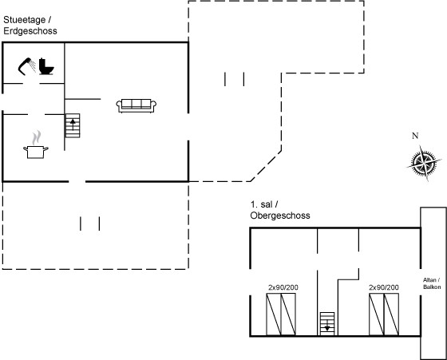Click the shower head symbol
pyautogui.click(x=25, y=66)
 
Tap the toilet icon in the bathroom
pyautogui.click(x=46, y=66)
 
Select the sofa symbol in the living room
pyautogui.click(x=136, y=105)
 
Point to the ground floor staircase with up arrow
pyautogui.click(x=73, y=125)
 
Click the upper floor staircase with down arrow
pyautogui.click(x=327, y=323)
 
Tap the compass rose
pyautogui.click(x=425, y=164)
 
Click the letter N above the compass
pyautogui.click(x=415, y=136)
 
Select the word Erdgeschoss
pyautogui.click(x=30, y=31)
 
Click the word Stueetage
pyautogui.click(x=25, y=20)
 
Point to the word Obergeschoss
pyautogui.click(x=280, y=216)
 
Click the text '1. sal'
pyautogui.click(x=262, y=204)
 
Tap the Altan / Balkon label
pyautogui.click(x=432, y=283)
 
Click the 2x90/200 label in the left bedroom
pyautogui.click(x=283, y=287)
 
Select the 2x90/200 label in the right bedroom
pyautogui.click(x=384, y=287)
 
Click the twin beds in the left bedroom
pyautogui.click(x=281, y=315)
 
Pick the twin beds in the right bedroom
pyautogui.click(x=384, y=315)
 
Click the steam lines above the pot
pyautogui.click(x=36, y=137)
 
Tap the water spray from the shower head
pyautogui.click(x=33, y=65)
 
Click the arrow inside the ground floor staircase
pyautogui.click(x=73, y=125)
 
